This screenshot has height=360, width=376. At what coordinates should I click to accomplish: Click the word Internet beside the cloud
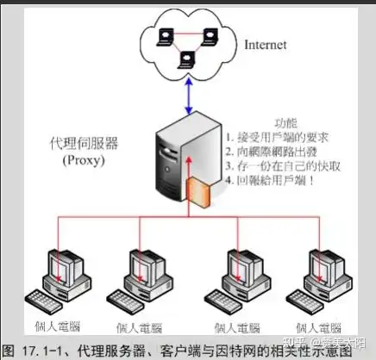[264, 44]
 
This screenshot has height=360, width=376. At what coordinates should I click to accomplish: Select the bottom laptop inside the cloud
[185, 60]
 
